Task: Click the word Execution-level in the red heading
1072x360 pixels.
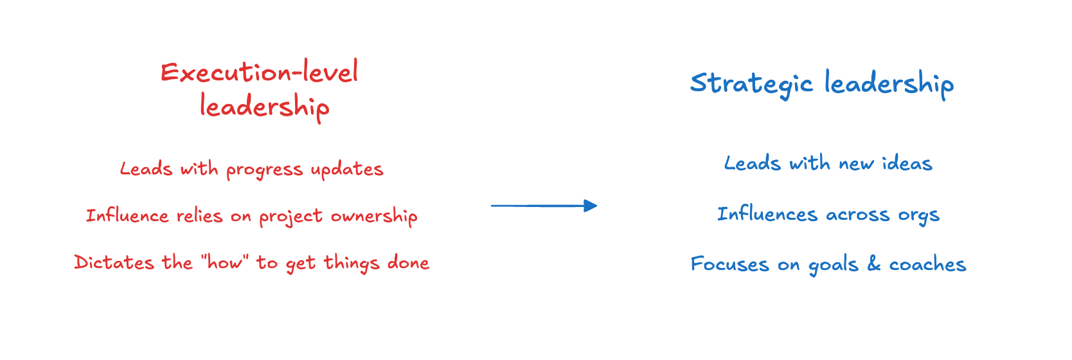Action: tap(259, 72)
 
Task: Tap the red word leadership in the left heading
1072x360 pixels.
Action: tap(264, 107)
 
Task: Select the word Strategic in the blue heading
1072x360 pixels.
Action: tap(751, 84)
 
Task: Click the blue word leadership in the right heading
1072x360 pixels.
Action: tap(889, 84)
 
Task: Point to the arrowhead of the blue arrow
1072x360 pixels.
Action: tap(590, 206)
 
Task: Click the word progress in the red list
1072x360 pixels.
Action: tap(264, 170)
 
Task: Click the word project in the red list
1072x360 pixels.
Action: tap(290, 217)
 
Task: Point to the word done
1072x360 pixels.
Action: tap(408, 262)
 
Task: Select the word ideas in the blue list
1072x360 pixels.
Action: tap(907, 163)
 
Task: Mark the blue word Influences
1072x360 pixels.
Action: tap(767, 213)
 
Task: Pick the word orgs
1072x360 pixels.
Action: tap(919, 215)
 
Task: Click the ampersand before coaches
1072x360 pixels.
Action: tap(873, 264)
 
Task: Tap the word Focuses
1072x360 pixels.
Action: tap(729, 264)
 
